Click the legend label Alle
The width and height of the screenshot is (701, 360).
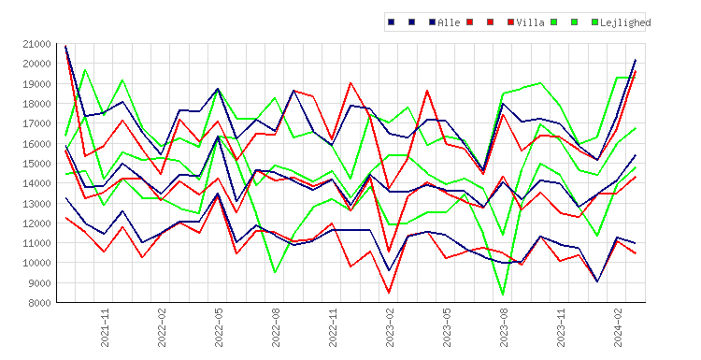click(449, 22)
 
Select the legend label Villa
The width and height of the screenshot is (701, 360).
click(530, 22)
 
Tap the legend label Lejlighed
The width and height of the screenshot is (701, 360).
click(625, 22)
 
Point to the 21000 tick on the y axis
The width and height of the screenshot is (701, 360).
click(36, 44)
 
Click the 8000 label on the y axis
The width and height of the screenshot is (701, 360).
click(39, 303)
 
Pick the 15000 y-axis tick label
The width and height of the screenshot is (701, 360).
click(36, 164)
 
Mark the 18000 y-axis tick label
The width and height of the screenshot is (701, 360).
click(36, 103)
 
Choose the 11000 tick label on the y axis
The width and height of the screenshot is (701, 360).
click(36, 243)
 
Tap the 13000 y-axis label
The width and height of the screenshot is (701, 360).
click(36, 203)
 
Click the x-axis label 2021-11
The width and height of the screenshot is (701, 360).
click(105, 327)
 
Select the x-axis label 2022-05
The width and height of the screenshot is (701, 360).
click(219, 327)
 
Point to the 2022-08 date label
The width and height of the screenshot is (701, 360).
click(276, 327)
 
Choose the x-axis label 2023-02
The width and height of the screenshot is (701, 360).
click(390, 327)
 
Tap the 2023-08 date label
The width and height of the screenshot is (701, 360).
click(504, 327)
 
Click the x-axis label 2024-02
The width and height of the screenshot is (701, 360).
click(618, 327)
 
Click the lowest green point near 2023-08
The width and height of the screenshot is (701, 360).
click(503, 295)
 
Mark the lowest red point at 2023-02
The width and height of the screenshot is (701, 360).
click(389, 293)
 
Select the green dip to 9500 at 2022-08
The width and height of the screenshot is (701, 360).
click(275, 272)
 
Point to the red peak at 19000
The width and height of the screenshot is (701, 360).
click(350, 82)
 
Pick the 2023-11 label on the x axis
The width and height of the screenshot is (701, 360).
click(561, 327)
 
